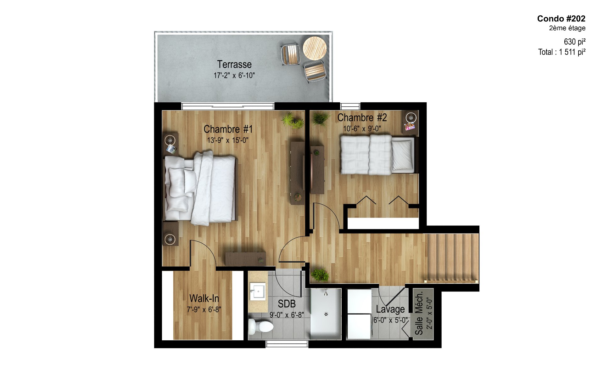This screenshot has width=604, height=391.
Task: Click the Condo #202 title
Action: [561, 19]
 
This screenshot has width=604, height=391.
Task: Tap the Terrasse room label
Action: [234, 65]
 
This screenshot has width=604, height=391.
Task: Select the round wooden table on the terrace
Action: [315, 48]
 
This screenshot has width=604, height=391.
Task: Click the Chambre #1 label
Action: [228, 129]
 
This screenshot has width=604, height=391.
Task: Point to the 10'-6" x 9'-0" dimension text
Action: [362, 129]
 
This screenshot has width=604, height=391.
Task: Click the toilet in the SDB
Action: [260, 326]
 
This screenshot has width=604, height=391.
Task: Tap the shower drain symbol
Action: [326, 314]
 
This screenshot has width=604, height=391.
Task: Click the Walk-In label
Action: [204, 298]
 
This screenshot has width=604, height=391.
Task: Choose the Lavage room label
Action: [390, 309]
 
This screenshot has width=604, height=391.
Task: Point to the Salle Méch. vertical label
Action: [419, 313]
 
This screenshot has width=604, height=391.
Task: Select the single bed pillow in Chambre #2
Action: [402, 155]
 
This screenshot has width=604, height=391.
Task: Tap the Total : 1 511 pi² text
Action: [562, 52]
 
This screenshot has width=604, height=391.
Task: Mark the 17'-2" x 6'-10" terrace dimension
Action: [234, 76]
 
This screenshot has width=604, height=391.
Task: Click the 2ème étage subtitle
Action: [567, 28]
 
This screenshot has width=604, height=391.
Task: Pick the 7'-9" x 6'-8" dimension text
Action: [204, 310]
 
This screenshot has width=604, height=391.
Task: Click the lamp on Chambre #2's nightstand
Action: [411, 118]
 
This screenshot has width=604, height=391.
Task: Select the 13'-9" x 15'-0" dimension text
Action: [228, 140]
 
